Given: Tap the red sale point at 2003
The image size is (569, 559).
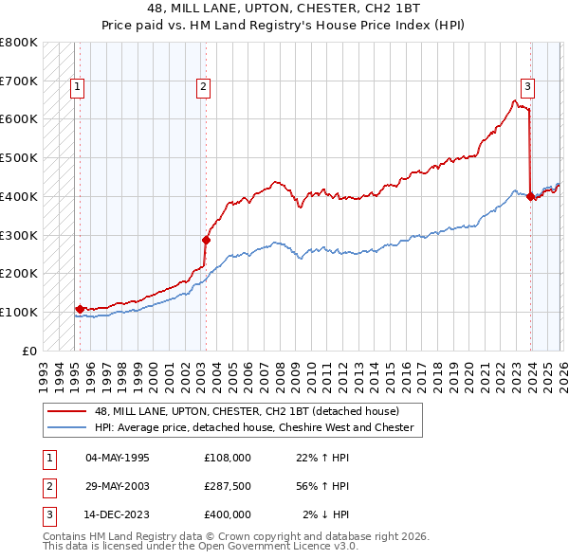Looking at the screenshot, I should click(x=205, y=240).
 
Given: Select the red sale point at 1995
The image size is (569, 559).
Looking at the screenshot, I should click(x=79, y=309).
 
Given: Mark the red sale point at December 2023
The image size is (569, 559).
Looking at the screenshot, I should click(x=530, y=196).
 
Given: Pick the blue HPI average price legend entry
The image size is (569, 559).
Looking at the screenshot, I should click(x=254, y=427).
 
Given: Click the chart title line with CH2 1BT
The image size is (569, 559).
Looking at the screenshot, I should click(x=284, y=9).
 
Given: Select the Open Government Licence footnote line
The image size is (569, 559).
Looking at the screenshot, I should click(x=201, y=547).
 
